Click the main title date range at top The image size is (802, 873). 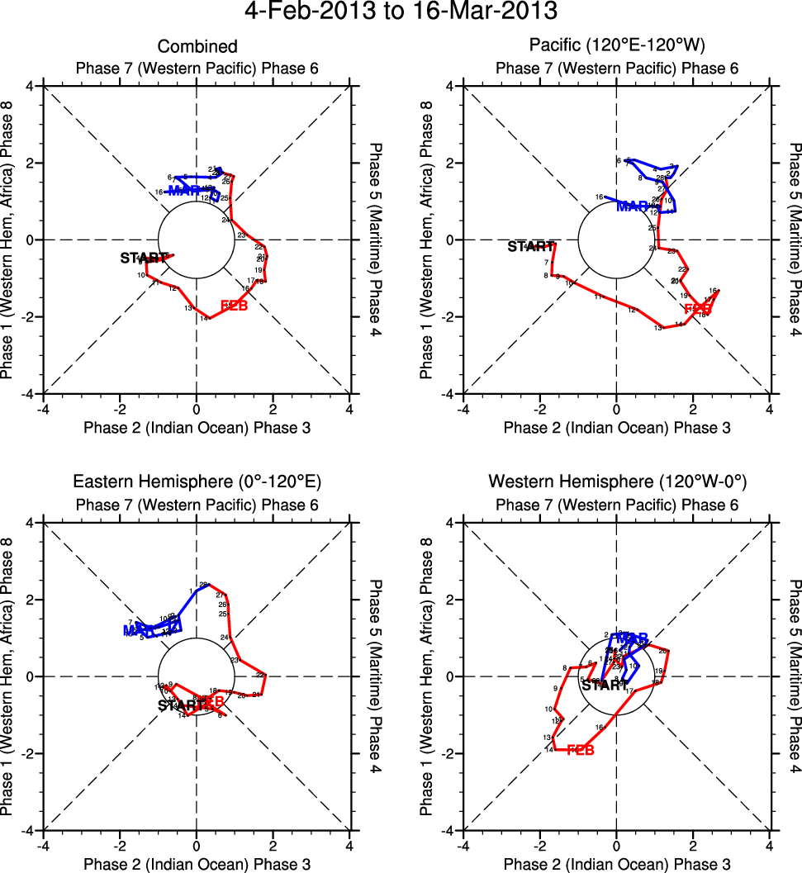[401, 12]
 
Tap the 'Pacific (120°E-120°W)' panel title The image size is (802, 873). [616, 46]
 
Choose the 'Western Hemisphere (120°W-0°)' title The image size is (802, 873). [616, 482]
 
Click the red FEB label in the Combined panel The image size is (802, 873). [235, 307]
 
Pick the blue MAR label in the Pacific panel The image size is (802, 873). [633, 206]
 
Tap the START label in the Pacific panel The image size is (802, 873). [530, 246]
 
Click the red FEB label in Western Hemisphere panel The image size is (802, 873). [581, 750]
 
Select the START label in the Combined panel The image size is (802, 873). [144, 258]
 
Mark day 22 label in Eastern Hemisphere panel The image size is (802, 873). [260, 675]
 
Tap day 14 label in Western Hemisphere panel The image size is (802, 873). [548, 750]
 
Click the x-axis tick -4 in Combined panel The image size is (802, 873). [43, 408]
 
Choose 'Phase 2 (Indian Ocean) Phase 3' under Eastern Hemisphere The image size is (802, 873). [197, 864]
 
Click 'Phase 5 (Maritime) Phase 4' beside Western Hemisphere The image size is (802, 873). [795, 674]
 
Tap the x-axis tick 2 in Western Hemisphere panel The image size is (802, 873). [693, 845]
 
